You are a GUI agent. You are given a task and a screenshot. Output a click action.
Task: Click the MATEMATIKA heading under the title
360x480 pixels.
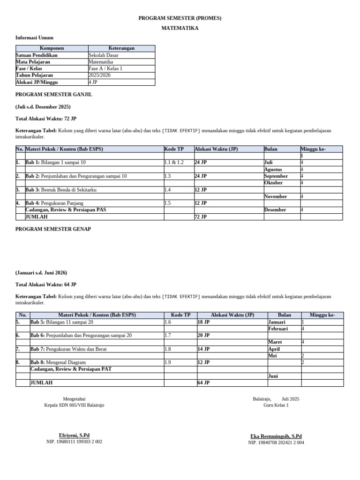coord(180,28)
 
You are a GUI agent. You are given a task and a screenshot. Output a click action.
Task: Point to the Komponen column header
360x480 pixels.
coord(52,48)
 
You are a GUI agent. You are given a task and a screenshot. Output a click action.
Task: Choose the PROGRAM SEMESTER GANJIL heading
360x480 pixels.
coord(54,94)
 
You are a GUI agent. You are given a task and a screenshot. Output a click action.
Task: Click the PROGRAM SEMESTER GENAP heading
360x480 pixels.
coord(53,229)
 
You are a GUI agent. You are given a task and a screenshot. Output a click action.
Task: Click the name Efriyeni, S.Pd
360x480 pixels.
coord(74,435)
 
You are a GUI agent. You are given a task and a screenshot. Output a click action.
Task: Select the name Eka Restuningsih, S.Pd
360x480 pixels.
coord(276,436)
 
